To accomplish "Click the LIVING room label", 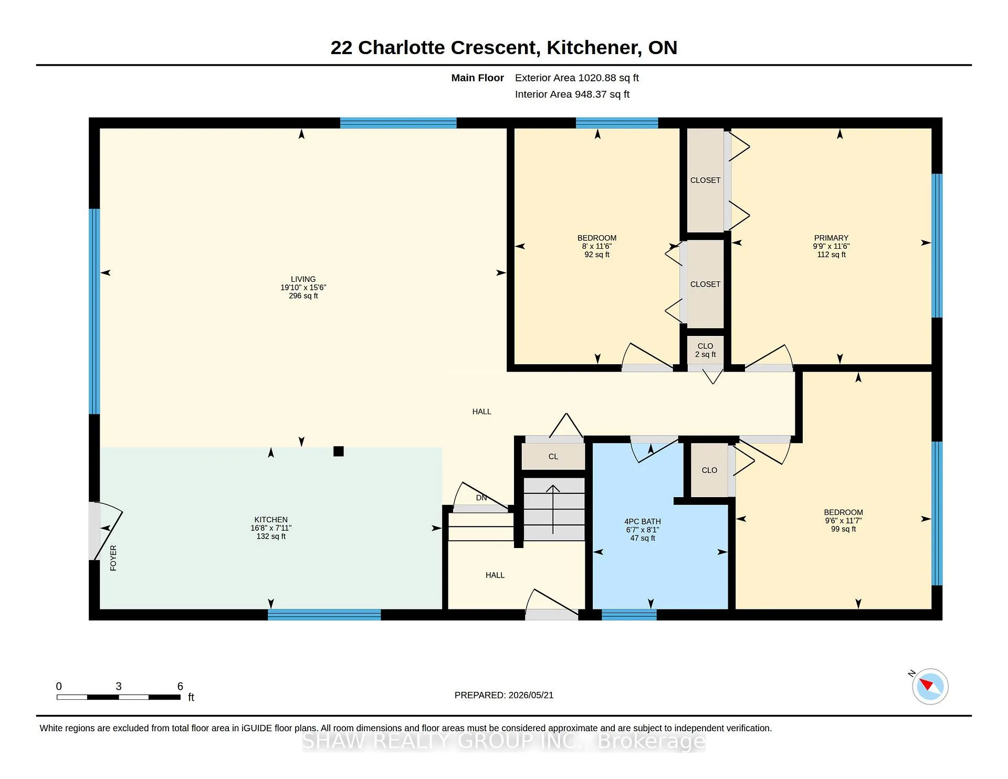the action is [303, 279].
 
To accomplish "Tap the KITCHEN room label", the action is [271, 520].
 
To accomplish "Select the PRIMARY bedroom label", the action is [831, 238].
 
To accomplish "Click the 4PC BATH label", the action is [642, 521].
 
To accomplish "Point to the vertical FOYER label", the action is [113, 557].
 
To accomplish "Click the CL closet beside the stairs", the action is [553, 456].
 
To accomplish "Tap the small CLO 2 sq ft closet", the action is [705, 350].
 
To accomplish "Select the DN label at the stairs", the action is [481, 498].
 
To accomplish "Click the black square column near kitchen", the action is [339, 451].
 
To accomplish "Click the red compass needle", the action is [926, 684].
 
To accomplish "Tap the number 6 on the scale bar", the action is [180, 686].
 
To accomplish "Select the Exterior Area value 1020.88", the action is [597, 78].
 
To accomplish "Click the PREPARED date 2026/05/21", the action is [531, 695].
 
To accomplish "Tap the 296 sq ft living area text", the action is [303, 296].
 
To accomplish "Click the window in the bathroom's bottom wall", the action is [629, 615].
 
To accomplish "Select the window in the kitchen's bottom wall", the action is [324, 615].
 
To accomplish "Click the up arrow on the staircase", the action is [553, 510].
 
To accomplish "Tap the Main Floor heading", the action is [477, 78].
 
